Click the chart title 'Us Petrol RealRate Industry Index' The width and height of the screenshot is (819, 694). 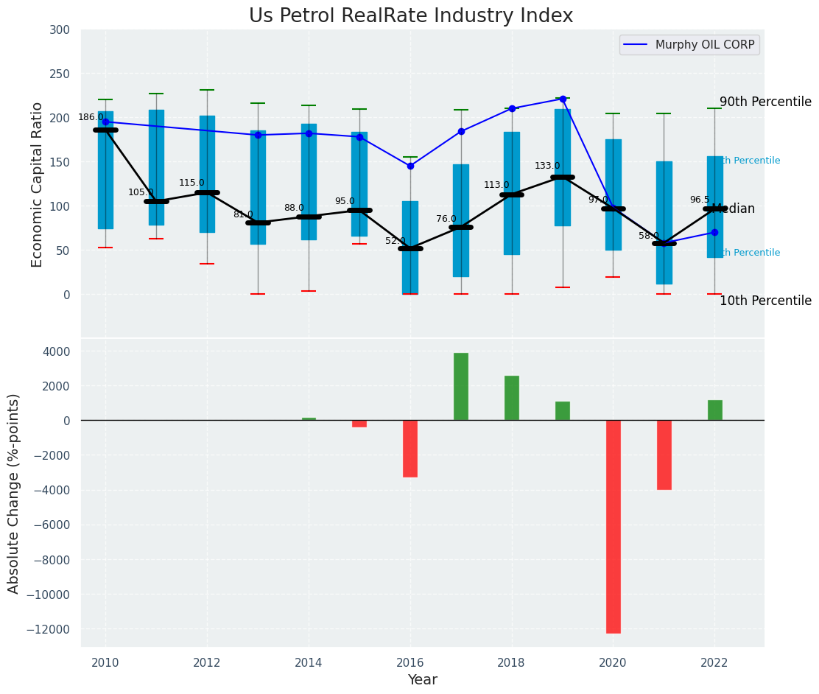(410, 16)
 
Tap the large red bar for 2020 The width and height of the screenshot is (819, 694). (613, 526)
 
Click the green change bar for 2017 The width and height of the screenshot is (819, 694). (461, 387)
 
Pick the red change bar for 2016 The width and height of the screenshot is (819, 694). (410, 449)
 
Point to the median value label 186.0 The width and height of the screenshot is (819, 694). (91, 117)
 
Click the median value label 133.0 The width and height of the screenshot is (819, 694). (547, 166)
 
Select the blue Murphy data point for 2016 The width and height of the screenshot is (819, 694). (410, 166)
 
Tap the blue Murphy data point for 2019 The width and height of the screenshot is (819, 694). (563, 99)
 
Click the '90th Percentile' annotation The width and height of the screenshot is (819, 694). (765, 102)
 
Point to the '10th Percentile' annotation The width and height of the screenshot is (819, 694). (765, 301)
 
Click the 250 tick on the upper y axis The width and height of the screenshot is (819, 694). (59, 74)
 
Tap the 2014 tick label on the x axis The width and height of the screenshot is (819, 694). (309, 662)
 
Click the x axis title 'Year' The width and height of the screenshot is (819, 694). (422, 680)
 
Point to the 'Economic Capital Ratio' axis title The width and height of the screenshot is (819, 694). (38, 184)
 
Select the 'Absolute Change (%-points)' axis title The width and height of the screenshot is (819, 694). (14, 493)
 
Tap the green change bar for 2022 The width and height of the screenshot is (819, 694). (714, 410)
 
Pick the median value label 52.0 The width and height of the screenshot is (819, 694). (396, 241)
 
